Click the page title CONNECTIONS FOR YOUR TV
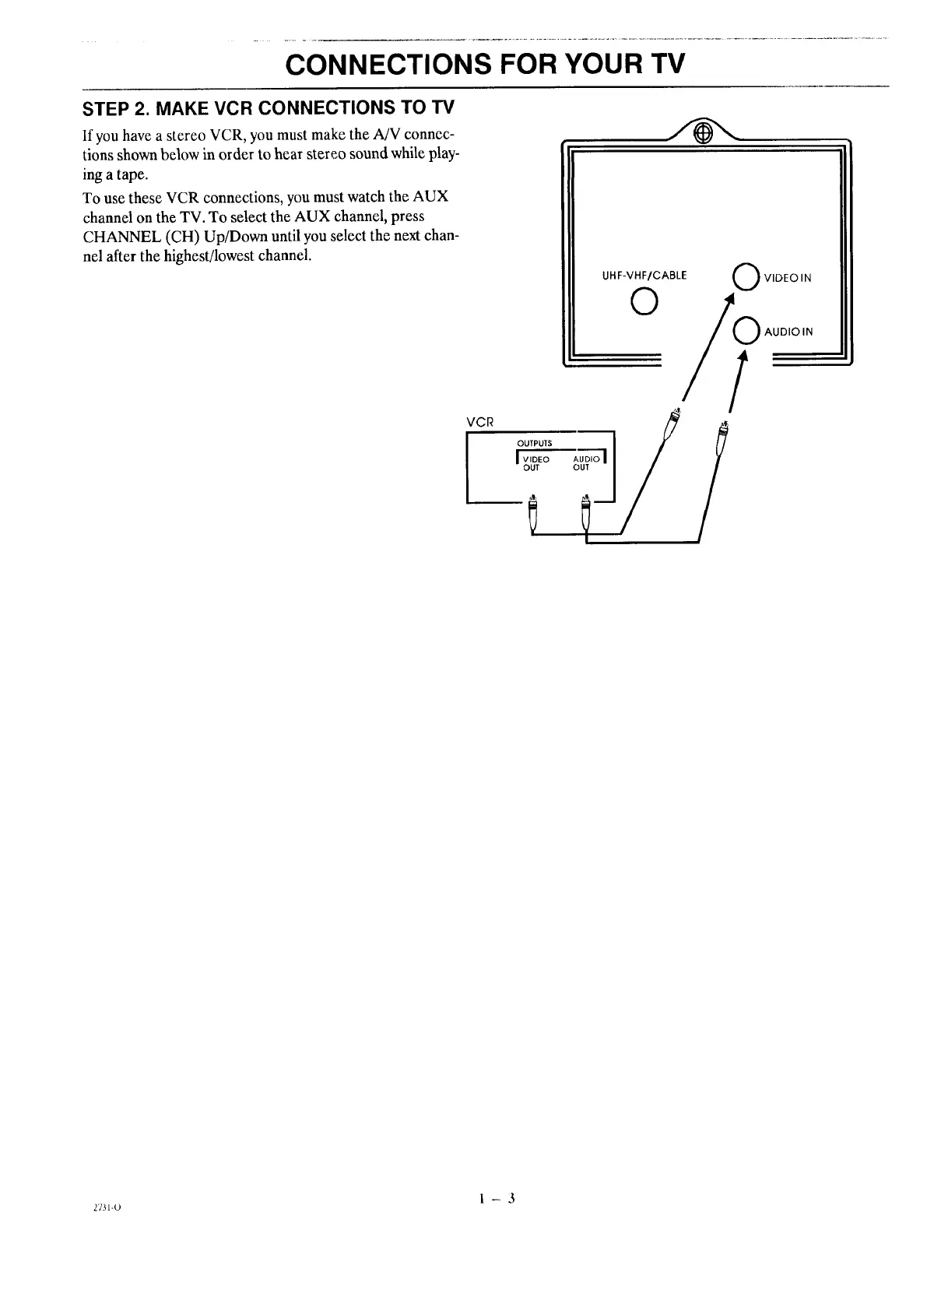pos(486,62)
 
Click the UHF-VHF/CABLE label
pos(644,275)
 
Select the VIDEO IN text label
pos(788,278)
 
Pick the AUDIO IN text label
pos(788,332)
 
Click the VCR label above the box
pos(479,421)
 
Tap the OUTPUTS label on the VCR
pos(534,443)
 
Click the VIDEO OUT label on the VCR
pos(535,463)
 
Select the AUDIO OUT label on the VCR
pos(587,463)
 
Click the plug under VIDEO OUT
pos(533,513)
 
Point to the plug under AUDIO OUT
pos(586,513)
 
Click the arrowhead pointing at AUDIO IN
pos(742,356)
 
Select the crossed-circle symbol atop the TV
pos(701,134)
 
